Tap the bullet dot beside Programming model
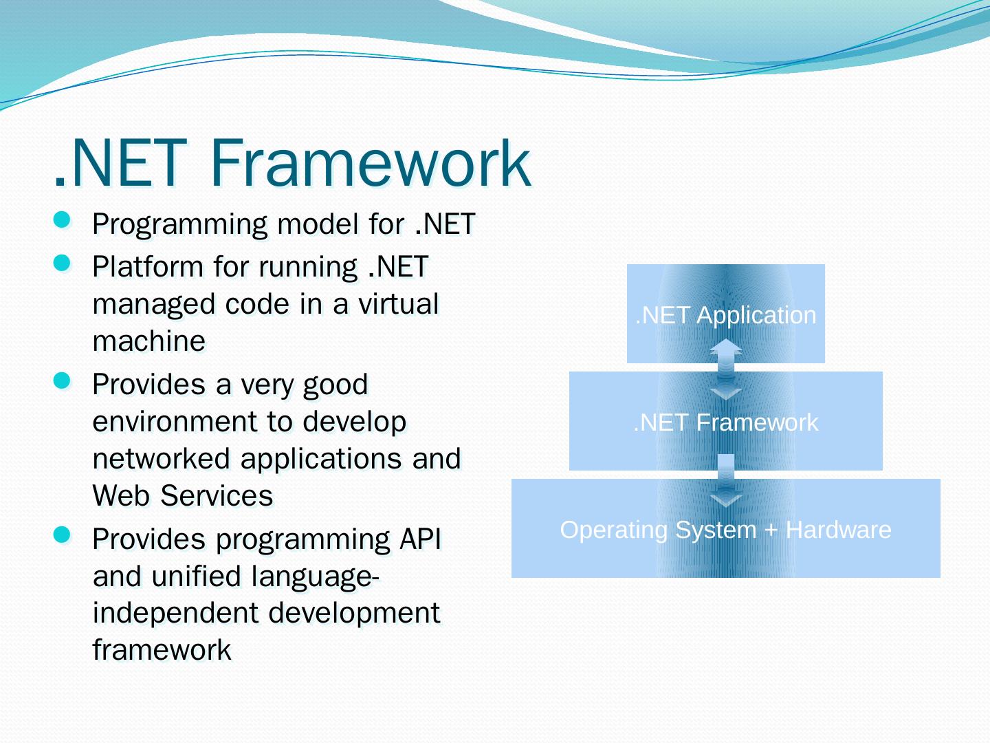click(62, 220)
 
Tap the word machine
click(148, 341)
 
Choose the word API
click(420, 539)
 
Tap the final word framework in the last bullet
click(162, 649)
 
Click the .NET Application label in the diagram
click(725, 315)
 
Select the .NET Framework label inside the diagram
click(725, 422)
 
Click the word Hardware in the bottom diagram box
click(838, 530)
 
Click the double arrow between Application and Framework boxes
click(726, 369)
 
